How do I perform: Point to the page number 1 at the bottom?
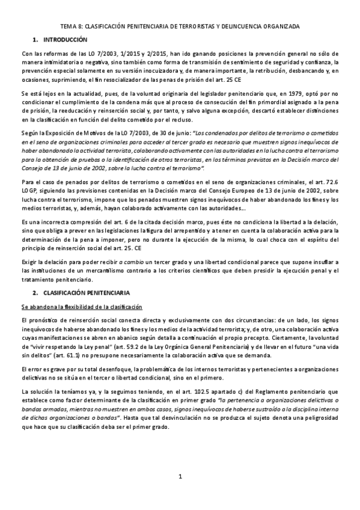tap(180, 494)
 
